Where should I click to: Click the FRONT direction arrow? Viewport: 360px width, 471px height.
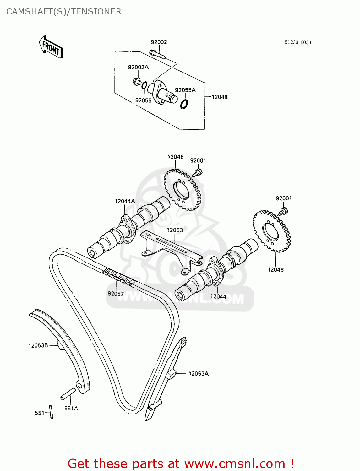pos(51,47)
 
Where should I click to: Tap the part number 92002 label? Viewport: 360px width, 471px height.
pos(159,42)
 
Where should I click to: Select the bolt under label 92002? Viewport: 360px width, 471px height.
pos(157,54)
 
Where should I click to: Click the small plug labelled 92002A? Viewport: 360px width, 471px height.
pos(136,81)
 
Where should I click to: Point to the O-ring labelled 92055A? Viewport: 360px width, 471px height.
pos(184,104)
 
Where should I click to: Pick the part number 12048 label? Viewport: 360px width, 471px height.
pos(219,97)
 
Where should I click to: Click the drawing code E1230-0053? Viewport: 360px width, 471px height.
pos(297,42)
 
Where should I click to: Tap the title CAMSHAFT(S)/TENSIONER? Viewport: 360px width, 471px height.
pos(64,12)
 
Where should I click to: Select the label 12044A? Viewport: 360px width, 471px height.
pos(125,201)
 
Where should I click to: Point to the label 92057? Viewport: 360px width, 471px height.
pos(116,294)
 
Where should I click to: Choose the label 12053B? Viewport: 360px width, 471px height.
pos(38,345)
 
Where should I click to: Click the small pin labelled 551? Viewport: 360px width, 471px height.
pos(51,411)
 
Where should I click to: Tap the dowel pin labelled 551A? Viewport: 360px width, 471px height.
pos(68,394)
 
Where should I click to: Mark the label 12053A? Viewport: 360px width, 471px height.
pos(199,373)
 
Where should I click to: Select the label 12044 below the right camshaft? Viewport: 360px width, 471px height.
pos(218,296)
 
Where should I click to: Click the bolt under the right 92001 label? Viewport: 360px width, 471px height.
pos(283,211)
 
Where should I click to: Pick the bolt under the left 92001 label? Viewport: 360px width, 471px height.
pos(198,172)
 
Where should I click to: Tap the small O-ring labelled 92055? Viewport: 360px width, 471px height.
pos(145,85)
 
